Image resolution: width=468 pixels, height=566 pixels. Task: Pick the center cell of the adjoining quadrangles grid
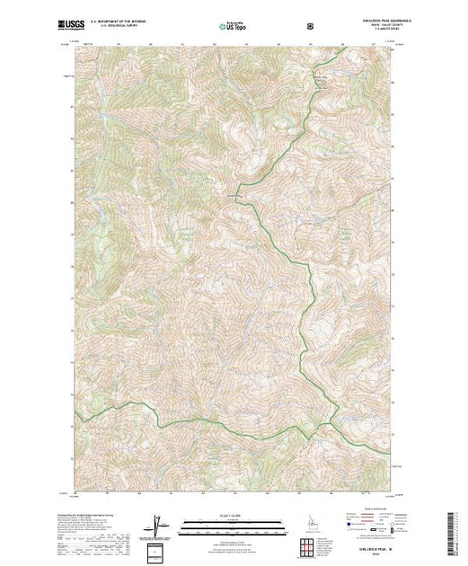(307, 547)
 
